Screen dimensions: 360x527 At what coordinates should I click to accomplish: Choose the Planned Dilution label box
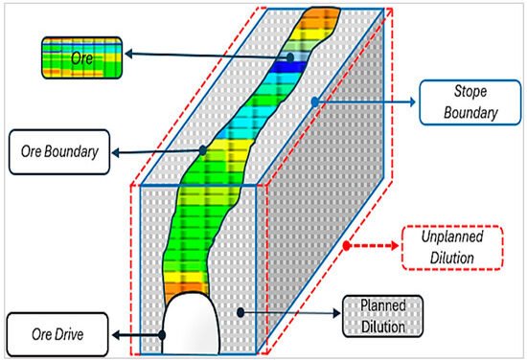click(382, 314)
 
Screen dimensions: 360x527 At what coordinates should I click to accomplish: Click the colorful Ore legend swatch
click(80, 56)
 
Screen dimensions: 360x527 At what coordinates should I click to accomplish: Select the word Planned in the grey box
click(382, 305)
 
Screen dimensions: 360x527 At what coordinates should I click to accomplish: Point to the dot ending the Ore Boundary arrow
click(203, 150)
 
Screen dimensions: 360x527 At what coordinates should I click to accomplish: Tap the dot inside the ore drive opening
click(165, 334)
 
